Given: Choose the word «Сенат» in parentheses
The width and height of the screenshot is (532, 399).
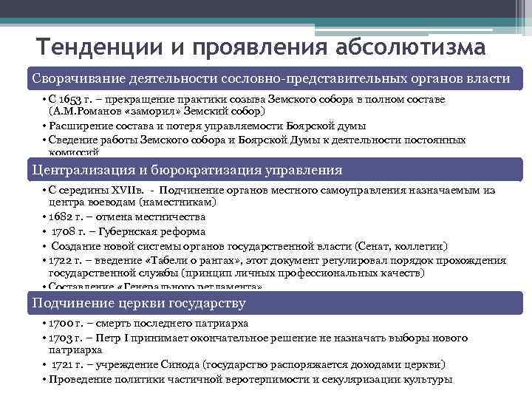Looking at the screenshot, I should [372, 245].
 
